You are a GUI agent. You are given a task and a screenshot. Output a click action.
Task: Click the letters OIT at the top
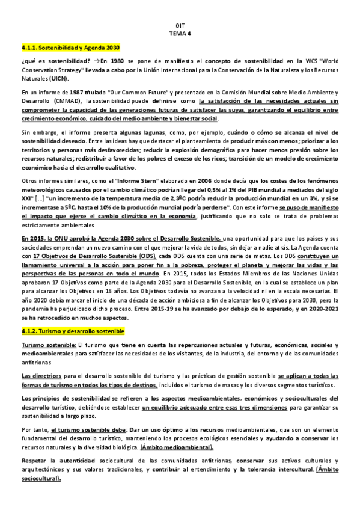coord(180,26)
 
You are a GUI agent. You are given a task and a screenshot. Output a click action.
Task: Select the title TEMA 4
coord(180,34)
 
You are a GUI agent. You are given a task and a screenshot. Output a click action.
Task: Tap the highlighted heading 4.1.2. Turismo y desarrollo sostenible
coord(72,330)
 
